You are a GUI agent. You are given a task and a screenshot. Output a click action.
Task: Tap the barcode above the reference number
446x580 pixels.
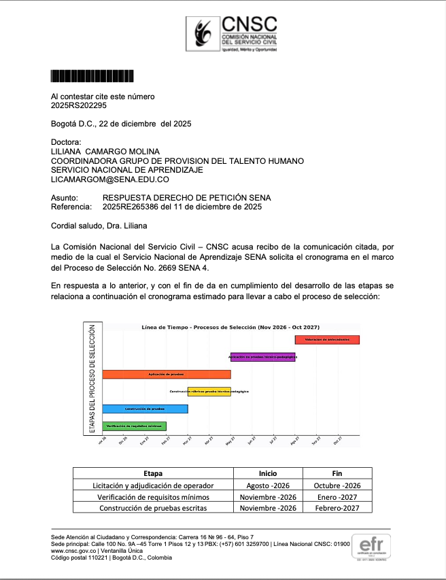(92, 76)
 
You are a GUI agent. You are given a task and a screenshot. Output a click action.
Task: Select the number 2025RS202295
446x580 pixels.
(79, 105)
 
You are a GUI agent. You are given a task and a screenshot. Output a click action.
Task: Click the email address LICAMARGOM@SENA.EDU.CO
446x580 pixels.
(110, 180)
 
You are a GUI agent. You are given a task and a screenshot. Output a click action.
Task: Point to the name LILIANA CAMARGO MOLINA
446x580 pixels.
(105, 151)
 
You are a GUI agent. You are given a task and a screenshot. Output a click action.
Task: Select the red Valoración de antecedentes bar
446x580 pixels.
(327, 339)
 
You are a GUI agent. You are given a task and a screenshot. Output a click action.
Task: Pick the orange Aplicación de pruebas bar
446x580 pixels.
(167, 374)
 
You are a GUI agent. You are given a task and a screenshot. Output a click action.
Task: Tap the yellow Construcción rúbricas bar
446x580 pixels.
(209, 392)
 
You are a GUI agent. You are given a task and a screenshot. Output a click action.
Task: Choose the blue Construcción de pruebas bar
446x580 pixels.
(145, 409)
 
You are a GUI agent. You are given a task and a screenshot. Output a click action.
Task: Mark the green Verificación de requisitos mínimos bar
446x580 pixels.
(134, 426)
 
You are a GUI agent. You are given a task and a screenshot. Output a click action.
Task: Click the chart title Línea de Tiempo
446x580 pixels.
(230, 328)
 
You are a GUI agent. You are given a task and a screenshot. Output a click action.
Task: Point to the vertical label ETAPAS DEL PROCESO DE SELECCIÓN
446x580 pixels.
(92, 377)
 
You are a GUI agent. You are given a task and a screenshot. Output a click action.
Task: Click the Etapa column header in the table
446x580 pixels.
(153, 473)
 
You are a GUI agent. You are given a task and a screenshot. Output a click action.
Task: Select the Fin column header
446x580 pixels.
(337, 473)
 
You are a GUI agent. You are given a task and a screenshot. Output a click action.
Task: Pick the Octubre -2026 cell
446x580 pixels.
(337, 485)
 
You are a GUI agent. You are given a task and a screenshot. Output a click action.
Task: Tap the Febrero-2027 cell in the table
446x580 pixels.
(337, 508)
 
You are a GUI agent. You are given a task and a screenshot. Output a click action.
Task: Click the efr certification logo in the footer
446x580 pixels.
(372, 547)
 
